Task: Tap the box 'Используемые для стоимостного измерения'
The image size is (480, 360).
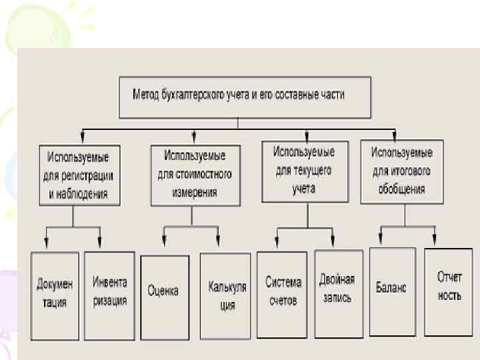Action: point(195,174)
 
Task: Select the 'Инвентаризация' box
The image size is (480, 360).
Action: point(109,291)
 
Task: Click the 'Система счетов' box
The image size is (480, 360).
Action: point(282,291)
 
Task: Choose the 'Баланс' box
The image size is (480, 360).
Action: point(392,288)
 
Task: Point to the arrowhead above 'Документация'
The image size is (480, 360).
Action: point(47,243)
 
